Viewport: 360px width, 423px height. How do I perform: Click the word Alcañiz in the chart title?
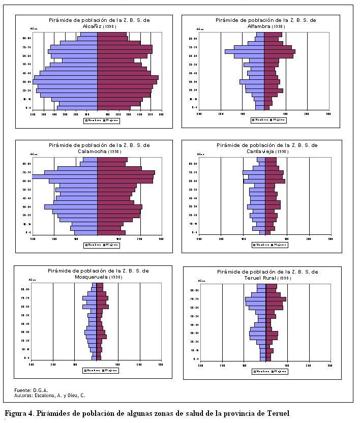[x=92, y=26]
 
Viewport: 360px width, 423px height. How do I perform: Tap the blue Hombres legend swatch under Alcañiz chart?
[x=86, y=120]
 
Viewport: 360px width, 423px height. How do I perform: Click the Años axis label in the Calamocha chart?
[x=34, y=154]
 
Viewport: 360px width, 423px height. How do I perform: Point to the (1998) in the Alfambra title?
[x=279, y=26]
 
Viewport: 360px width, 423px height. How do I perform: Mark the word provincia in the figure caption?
[x=231, y=413]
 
